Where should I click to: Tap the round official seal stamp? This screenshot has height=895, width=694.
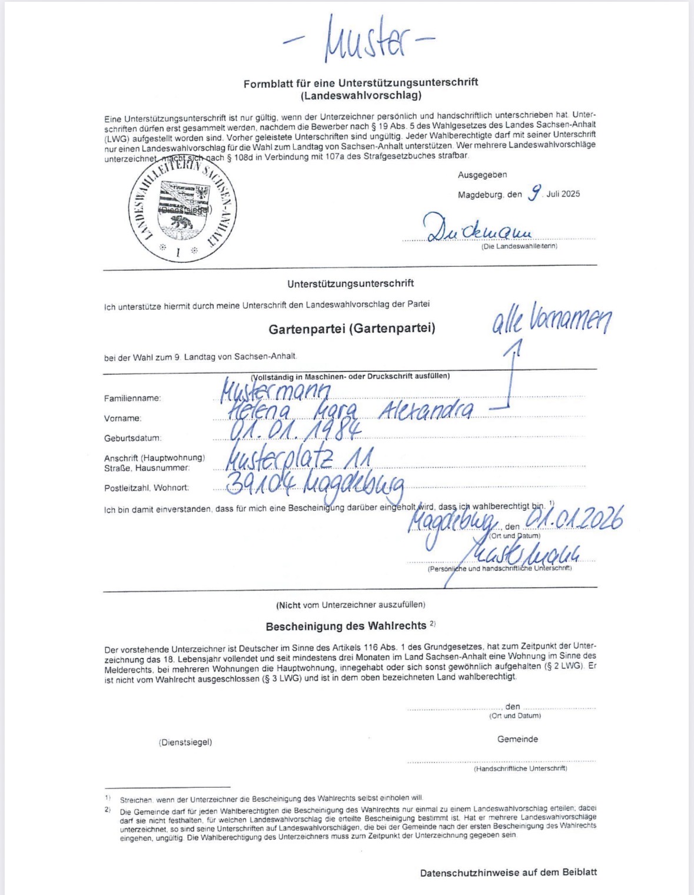182,209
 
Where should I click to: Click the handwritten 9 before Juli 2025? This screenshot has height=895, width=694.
534,193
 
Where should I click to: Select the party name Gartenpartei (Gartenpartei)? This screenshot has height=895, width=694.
352,329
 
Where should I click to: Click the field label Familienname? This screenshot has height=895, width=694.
132,398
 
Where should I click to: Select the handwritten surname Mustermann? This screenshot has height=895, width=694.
275,390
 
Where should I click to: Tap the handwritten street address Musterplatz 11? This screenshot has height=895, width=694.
298,458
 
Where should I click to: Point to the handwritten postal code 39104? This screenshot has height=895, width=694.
260,484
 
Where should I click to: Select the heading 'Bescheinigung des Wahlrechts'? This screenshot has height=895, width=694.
346,626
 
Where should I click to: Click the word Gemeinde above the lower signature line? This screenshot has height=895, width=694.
517,739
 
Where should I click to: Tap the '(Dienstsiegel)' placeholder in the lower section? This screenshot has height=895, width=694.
185,742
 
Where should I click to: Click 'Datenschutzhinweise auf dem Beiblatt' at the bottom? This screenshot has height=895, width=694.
508,873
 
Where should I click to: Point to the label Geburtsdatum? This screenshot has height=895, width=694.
132,438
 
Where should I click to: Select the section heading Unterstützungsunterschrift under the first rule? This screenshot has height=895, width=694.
350,283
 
